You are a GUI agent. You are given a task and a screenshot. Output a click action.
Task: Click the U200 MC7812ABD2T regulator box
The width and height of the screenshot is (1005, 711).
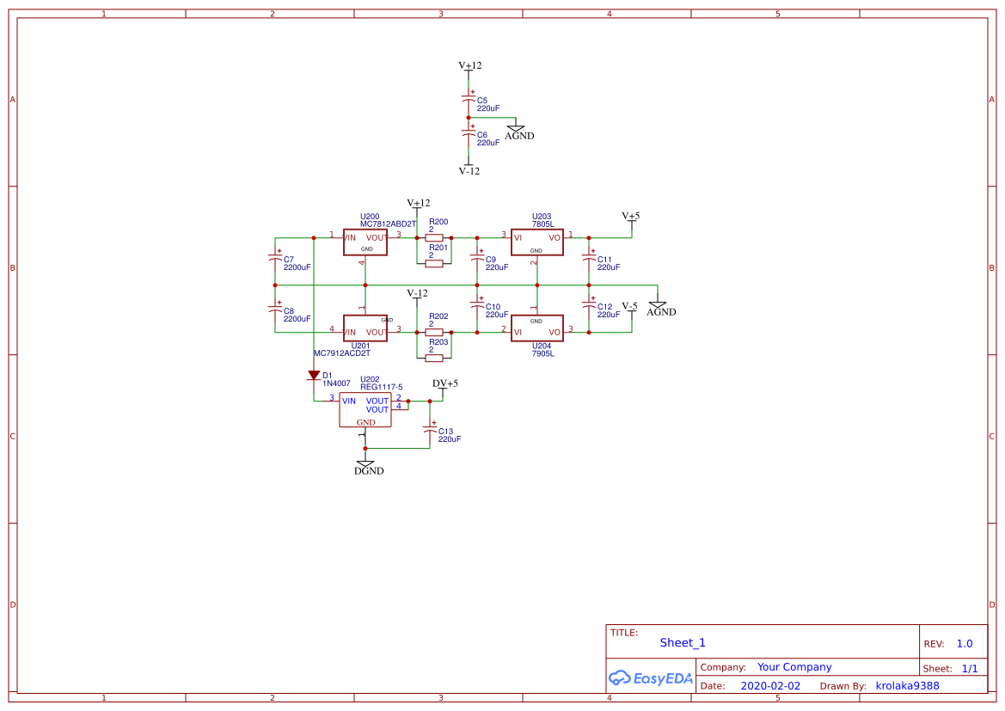365,242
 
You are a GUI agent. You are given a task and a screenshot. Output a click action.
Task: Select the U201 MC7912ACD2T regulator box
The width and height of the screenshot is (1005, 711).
365,328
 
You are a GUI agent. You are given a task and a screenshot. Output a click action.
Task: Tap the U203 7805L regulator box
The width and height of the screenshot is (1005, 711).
536,242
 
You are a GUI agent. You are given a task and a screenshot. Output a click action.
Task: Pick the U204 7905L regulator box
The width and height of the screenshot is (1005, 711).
536,328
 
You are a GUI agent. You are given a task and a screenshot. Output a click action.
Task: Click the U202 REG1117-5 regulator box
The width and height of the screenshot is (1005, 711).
365,409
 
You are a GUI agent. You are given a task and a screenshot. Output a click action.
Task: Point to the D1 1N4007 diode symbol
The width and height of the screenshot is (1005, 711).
314,375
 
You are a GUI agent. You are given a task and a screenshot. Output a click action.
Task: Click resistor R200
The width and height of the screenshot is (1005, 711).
434,237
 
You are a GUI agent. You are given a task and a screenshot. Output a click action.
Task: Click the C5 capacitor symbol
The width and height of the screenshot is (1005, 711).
469,98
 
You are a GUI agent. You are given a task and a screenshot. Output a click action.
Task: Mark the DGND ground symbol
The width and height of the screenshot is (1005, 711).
365,466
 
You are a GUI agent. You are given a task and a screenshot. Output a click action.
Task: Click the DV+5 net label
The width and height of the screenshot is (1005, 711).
444,383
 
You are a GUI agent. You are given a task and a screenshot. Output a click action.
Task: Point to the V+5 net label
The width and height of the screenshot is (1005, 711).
631,216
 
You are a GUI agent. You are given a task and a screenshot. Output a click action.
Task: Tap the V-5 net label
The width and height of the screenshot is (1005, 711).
630,306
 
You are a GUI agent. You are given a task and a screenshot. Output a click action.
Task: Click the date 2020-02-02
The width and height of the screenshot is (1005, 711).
770,686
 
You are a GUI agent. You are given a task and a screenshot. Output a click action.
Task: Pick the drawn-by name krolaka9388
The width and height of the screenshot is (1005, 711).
907,686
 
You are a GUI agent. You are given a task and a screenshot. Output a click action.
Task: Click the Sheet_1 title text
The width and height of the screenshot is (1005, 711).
683,642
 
